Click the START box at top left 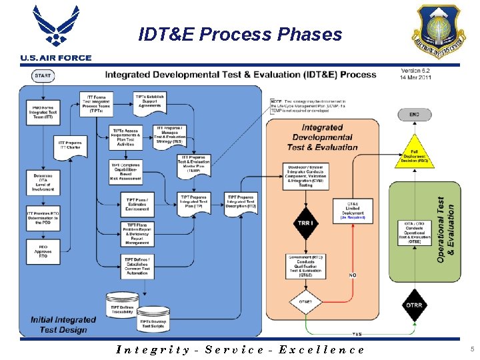pos(42,75)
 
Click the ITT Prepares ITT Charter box pos(70,144)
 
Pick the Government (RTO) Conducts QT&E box pos(305,265)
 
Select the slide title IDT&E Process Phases pos(240,34)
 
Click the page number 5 pos(471,349)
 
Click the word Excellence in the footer pos(321,349)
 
